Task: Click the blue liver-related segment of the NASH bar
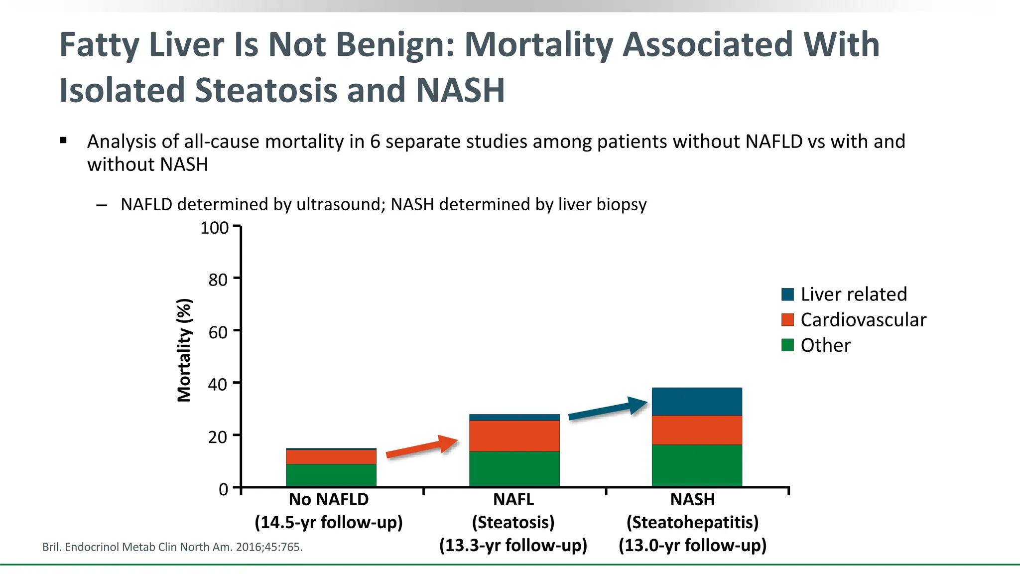point(697,401)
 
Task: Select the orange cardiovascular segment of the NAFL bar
point(514,435)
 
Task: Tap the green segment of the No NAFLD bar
point(331,475)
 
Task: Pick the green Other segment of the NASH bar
point(697,465)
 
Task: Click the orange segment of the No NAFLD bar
point(331,456)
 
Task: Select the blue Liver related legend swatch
point(787,294)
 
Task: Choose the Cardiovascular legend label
point(863,320)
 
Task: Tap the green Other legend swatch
point(787,345)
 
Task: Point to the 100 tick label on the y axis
point(214,228)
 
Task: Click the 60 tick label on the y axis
point(218,332)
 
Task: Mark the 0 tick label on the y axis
point(223,489)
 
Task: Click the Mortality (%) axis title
point(184,350)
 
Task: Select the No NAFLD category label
point(329,499)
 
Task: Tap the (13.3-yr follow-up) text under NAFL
point(513,545)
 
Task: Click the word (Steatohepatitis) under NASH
point(692,522)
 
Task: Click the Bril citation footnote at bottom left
point(172,547)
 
